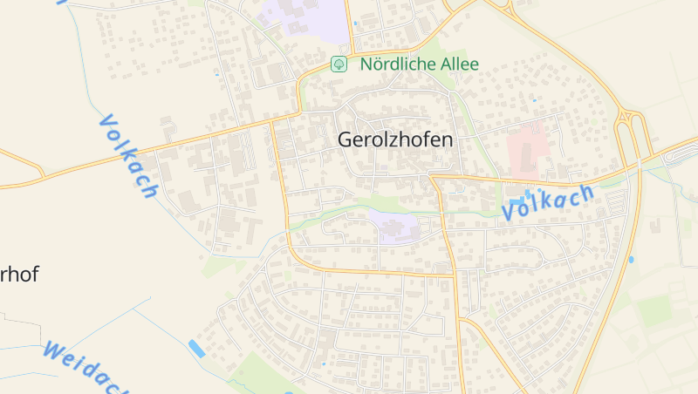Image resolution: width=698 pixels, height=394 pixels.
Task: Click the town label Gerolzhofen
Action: point(395,139)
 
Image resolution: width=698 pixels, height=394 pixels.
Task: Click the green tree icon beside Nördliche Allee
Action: point(339,65)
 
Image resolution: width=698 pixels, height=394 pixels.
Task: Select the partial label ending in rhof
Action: point(18,275)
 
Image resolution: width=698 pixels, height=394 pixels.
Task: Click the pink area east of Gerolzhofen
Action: point(527,146)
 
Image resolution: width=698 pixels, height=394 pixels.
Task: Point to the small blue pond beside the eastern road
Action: point(631,259)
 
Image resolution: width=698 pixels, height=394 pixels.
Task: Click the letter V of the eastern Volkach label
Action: point(510,211)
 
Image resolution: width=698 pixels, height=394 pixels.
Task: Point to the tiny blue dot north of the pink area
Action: point(535,100)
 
